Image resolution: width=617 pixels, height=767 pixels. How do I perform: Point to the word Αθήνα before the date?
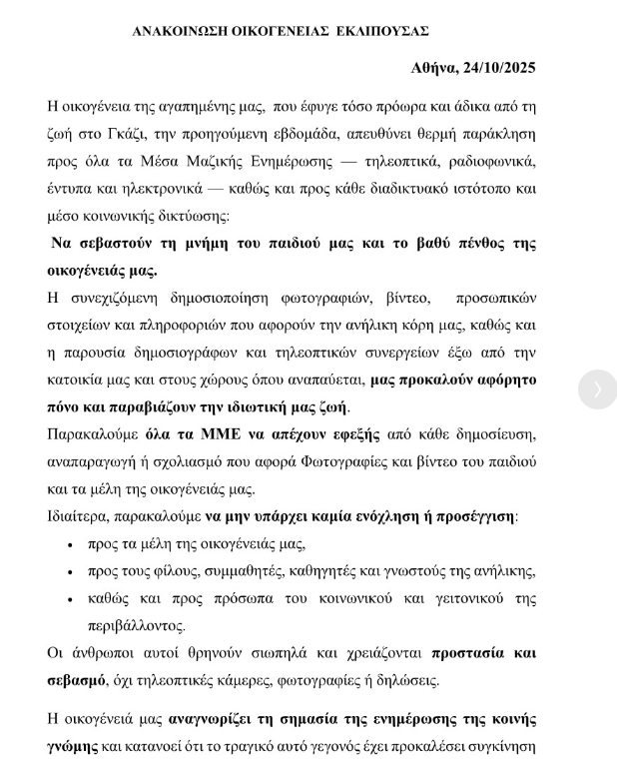(x=434, y=68)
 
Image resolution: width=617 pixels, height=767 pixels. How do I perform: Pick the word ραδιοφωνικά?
(x=488, y=161)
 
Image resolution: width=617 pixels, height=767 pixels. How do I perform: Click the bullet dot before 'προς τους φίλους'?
(x=70, y=572)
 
